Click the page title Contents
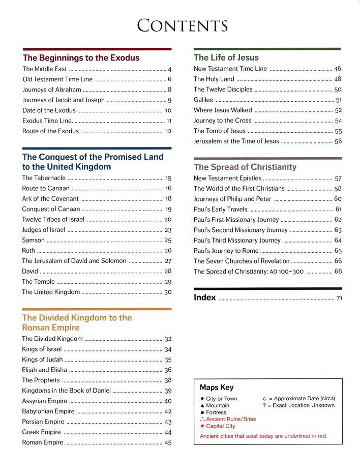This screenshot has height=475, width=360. click(182, 25)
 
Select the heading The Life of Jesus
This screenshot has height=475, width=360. click(226, 58)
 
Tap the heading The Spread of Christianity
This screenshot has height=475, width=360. click(245, 167)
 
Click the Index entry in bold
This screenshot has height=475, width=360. click(204, 298)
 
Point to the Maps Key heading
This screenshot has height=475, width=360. click(217, 388)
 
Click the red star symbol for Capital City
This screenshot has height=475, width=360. click(202, 426)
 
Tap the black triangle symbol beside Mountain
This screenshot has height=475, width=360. click(202, 405)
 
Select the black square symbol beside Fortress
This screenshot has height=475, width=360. click(202, 412)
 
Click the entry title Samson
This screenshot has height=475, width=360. click(34, 240)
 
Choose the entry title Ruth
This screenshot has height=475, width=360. click(29, 251)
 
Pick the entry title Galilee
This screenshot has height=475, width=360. click(203, 100)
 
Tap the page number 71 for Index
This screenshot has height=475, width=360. click(339, 299)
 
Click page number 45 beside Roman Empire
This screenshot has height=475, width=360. click(168, 443)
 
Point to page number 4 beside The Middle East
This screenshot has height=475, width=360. click(169, 69)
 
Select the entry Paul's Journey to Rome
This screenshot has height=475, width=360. click(226, 251)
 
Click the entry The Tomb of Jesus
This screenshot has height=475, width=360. click(219, 131)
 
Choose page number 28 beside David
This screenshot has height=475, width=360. click(168, 272)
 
